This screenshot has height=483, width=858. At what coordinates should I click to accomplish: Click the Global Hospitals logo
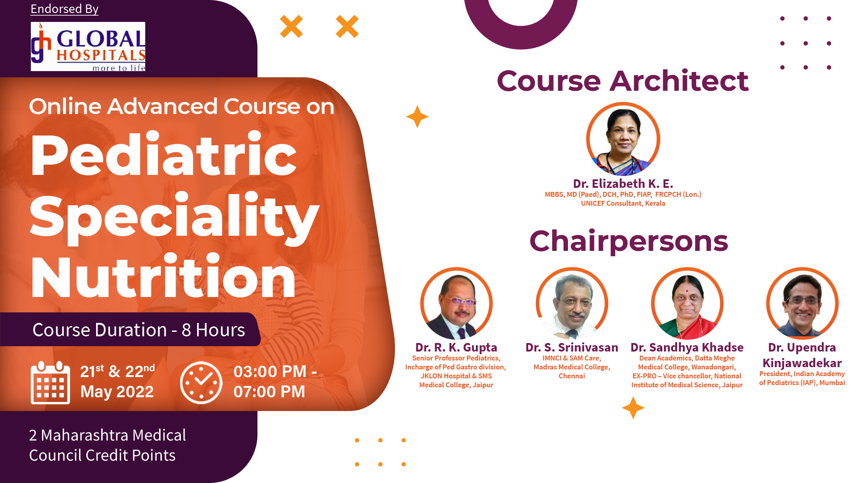(x=88, y=47)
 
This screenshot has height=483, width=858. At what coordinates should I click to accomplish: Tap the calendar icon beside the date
(x=50, y=382)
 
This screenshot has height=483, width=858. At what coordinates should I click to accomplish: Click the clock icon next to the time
(x=201, y=382)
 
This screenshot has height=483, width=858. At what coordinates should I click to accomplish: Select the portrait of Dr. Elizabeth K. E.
(x=623, y=139)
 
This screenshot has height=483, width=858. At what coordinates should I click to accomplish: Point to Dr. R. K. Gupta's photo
(x=456, y=304)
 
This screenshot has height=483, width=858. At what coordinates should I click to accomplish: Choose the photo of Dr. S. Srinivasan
(x=572, y=304)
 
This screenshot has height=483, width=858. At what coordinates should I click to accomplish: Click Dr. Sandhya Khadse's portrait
(x=687, y=304)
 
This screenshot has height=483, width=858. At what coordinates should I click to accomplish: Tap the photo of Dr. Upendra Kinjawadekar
(x=803, y=304)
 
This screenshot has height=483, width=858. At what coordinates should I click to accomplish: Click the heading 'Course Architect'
(x=622, y=81)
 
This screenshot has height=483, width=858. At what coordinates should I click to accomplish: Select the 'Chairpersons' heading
(x=629, y=241)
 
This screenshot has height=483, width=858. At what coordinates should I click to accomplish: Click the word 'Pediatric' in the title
(x=164, y=155)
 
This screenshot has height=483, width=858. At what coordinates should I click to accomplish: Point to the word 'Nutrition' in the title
(x=163, y=275)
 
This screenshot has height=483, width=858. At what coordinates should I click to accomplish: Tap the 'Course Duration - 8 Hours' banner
(x=139, y=330)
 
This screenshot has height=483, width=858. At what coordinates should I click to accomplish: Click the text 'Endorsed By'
(x=64, y=9)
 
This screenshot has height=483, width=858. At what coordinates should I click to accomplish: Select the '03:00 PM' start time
(x=270, y=372)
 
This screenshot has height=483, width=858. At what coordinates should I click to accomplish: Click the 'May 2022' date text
(x=117, y=392)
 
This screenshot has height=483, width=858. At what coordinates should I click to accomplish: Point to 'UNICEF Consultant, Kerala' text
(x=623, y=203)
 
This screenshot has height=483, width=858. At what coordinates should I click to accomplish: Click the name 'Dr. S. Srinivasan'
(x=572, y=347)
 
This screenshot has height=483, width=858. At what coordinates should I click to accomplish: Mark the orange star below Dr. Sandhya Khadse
(x=633, y=408)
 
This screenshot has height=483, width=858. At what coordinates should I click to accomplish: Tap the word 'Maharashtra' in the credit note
(x=84, y=435)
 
